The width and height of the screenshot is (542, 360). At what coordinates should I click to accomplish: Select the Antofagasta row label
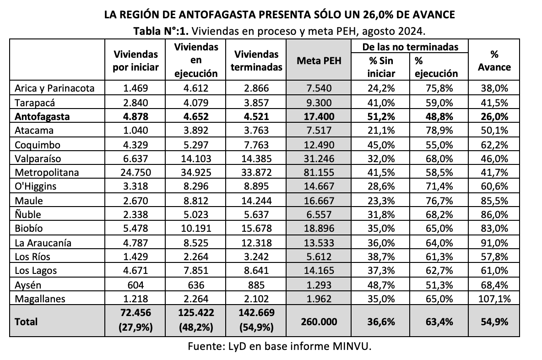click(x=42, y=117)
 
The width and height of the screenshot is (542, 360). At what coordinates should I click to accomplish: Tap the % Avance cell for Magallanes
click(x=494, y=299)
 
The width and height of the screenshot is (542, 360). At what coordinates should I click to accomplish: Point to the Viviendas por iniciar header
click(x=136, y=61)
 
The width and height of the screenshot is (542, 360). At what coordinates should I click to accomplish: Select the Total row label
click(x=26, y=322)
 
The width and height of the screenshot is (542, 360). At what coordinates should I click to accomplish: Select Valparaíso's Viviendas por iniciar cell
click(x=136, y=158)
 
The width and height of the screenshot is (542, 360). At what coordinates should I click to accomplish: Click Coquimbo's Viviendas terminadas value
click(x=257, y=145)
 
